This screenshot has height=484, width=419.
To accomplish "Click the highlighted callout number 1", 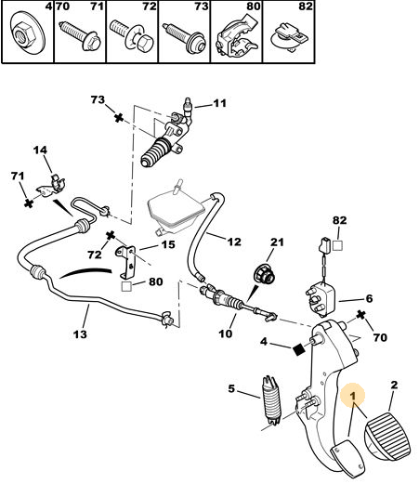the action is [x=353, y=395].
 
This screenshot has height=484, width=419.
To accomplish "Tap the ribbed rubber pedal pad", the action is [x=388, y=436].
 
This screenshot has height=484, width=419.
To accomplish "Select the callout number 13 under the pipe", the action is [x=80, y=334].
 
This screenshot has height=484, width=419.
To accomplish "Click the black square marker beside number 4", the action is [x=299, y=350].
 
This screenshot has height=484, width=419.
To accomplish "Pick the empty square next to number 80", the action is [x=126, y=286].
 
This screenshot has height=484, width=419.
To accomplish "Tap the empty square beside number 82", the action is [x=337, y=245].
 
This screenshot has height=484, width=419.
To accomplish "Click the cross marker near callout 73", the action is [x=119, y=118].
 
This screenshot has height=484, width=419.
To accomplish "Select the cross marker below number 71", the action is [x=29, y=203].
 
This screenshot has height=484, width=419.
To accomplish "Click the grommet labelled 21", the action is [x=264, y=275].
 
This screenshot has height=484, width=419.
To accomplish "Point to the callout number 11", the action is [x=219, y=103].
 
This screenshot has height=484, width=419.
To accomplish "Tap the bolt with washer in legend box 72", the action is [x=132, y=34].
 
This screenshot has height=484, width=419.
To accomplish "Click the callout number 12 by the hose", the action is [x=234, y=242].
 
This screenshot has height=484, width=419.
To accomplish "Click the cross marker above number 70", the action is [x=360, y=315].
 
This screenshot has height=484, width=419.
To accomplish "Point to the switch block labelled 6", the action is [x=321, y=299].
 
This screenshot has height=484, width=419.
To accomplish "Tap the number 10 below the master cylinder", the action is [x=225, y=334].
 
